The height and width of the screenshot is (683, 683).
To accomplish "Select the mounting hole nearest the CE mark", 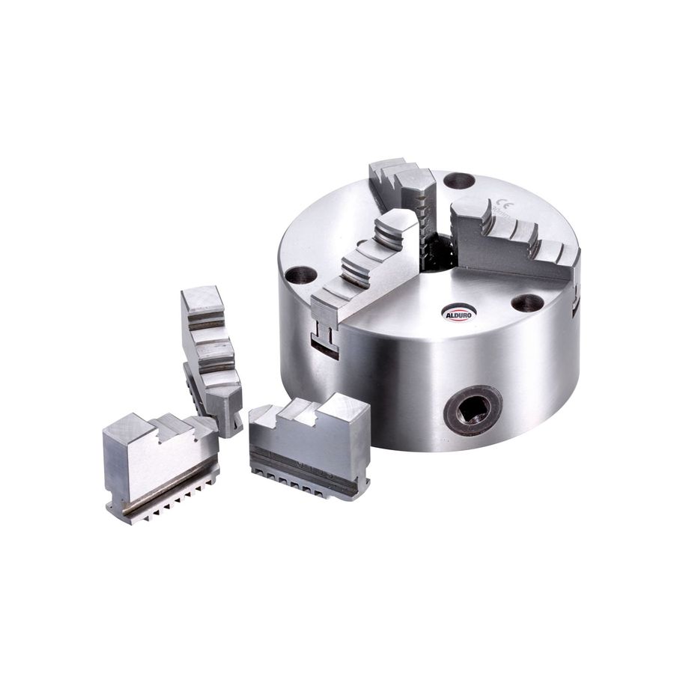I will click(458, 180).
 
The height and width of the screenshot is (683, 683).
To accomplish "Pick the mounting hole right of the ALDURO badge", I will click(527, 303).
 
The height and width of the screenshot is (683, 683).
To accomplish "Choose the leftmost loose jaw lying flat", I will click(157, 464).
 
